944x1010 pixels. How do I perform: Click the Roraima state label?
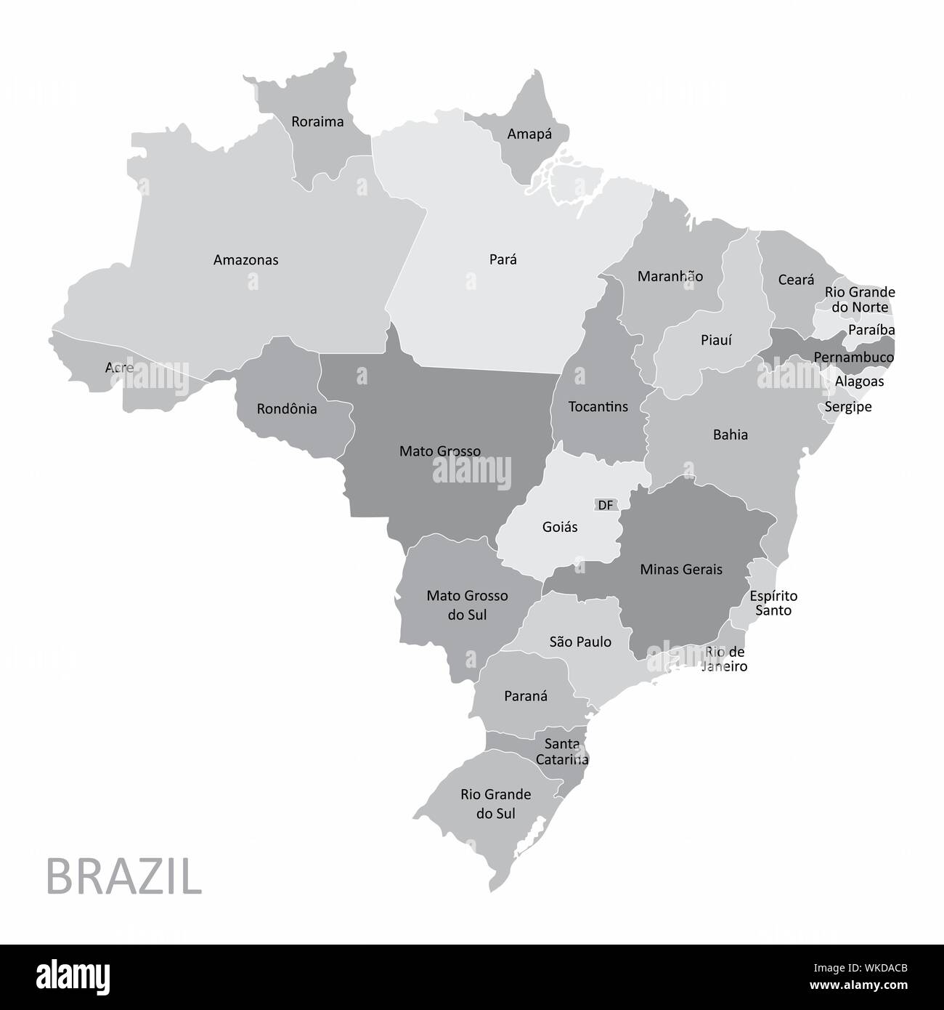click(317, 121)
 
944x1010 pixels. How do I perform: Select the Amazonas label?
click(245, 259)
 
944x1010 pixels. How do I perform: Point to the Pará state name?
click(503, 259)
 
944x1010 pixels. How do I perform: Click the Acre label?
click(119, 368)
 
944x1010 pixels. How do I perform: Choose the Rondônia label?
click(287, 409)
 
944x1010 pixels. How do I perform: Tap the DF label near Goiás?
click(606, 505)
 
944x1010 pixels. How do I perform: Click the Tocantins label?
click(598, 406)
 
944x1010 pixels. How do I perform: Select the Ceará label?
click(796, 280)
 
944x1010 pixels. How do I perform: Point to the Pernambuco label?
click(853, 357)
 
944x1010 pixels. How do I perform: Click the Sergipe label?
click(847, 407)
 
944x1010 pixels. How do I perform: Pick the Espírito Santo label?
click(773, 603)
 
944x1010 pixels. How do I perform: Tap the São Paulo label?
click(580, 642)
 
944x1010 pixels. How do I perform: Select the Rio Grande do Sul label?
click(495, 804)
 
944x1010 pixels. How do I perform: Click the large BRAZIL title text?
click(123, 878)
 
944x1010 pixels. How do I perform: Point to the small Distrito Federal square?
click(606, 505)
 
